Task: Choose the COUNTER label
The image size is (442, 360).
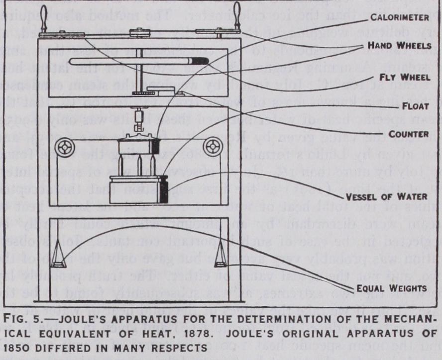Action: pyautogui.click(x=408, y=134)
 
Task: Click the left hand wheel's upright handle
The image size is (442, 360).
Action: pyautogui.click(x=43, y=19)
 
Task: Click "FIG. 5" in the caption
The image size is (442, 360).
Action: pyautogui.click(x=21, y=317)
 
